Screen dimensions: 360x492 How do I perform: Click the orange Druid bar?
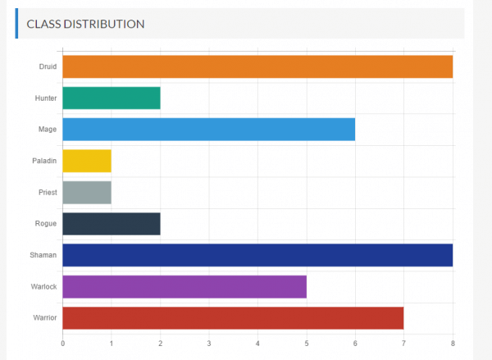click(257, 66)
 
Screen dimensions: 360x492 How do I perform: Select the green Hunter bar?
click(112, 98)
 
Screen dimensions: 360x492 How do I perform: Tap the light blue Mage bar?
click(208, 130)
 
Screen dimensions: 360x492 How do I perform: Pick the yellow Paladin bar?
click(87, 161)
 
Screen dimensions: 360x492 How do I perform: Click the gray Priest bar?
click(87, 192)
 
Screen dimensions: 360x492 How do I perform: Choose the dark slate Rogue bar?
click(112, 224)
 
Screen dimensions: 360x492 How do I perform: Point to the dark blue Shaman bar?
click(257, 255)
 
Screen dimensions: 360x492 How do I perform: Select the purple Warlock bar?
click(184, 286)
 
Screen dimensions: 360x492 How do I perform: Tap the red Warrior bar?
click(233, 317)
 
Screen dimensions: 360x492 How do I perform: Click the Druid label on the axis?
click(48, 66)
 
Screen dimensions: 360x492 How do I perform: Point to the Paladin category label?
click(44, 161)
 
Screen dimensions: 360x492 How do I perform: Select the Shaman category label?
click(43, 255)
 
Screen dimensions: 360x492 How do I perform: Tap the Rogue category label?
click(46, 224)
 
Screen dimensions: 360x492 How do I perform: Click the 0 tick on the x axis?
click(62, 343)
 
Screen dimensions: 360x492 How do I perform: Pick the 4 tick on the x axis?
click(257, 343)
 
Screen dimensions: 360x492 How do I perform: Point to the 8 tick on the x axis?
click(453, 343)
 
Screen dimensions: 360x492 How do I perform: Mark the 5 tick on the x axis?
click(307, 343)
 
